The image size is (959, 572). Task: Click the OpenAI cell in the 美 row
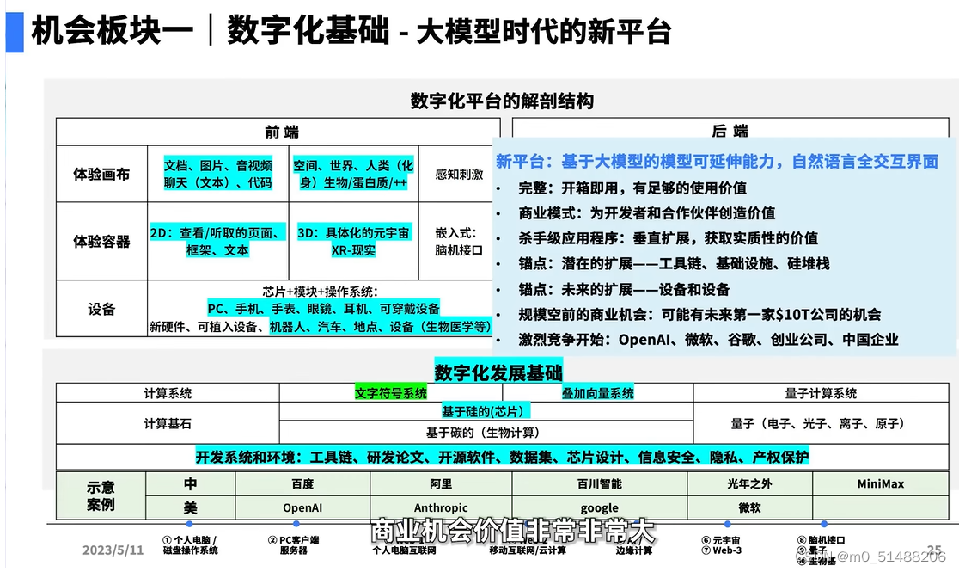[302, 508]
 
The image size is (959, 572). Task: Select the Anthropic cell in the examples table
[441, 508]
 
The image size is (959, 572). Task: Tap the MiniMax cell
[880, 484]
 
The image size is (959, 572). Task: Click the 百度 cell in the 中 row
[302, 484]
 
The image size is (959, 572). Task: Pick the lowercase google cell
[599, 508]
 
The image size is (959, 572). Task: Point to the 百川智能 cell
[599, 484]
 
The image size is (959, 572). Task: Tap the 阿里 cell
[441, 484]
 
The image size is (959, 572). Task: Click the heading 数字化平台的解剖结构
[502, 101]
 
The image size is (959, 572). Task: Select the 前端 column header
[282, 132]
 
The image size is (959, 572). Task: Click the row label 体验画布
[101, 174]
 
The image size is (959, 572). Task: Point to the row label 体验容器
[101, 242]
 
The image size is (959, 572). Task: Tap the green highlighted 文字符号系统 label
[391, 393]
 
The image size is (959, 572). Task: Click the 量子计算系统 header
[821, 393]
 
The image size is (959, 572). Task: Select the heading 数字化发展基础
[498, 372]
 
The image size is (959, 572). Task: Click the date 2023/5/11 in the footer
[113, 550]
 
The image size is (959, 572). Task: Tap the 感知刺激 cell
[459, 174]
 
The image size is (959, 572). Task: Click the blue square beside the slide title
[15, 32]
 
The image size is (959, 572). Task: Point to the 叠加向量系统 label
[598, 393]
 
